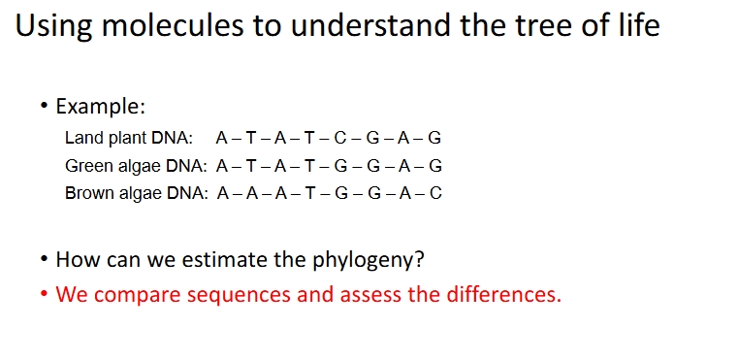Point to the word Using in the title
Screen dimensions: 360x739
tap(50, 26)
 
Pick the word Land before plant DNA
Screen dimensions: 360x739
tap(82, 138)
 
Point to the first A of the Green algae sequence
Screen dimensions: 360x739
tap(223, 165)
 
